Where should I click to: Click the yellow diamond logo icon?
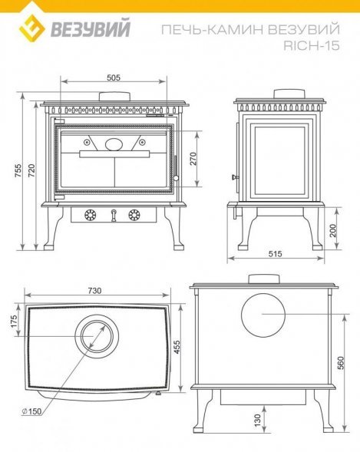(32, 28)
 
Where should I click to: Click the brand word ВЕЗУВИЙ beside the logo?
(91, 28)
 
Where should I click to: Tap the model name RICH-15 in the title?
(312, 45)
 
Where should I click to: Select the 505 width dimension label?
(114, 78)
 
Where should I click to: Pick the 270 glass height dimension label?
(193, 159)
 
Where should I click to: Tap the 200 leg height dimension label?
(333, 230)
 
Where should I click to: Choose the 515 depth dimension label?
(276, 254)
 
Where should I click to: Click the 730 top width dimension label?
(94, 291)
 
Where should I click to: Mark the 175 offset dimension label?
(15, 321)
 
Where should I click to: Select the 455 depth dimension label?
(177, 348)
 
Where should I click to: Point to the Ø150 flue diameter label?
(31, 411)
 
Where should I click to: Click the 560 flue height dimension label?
(341, 363)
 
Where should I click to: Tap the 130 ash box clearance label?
(257, 420)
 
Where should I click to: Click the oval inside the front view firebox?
(114, 144)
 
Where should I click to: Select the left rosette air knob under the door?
(91, 215)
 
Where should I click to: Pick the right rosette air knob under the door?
(134, 215)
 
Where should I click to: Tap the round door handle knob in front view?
(176, 178)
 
